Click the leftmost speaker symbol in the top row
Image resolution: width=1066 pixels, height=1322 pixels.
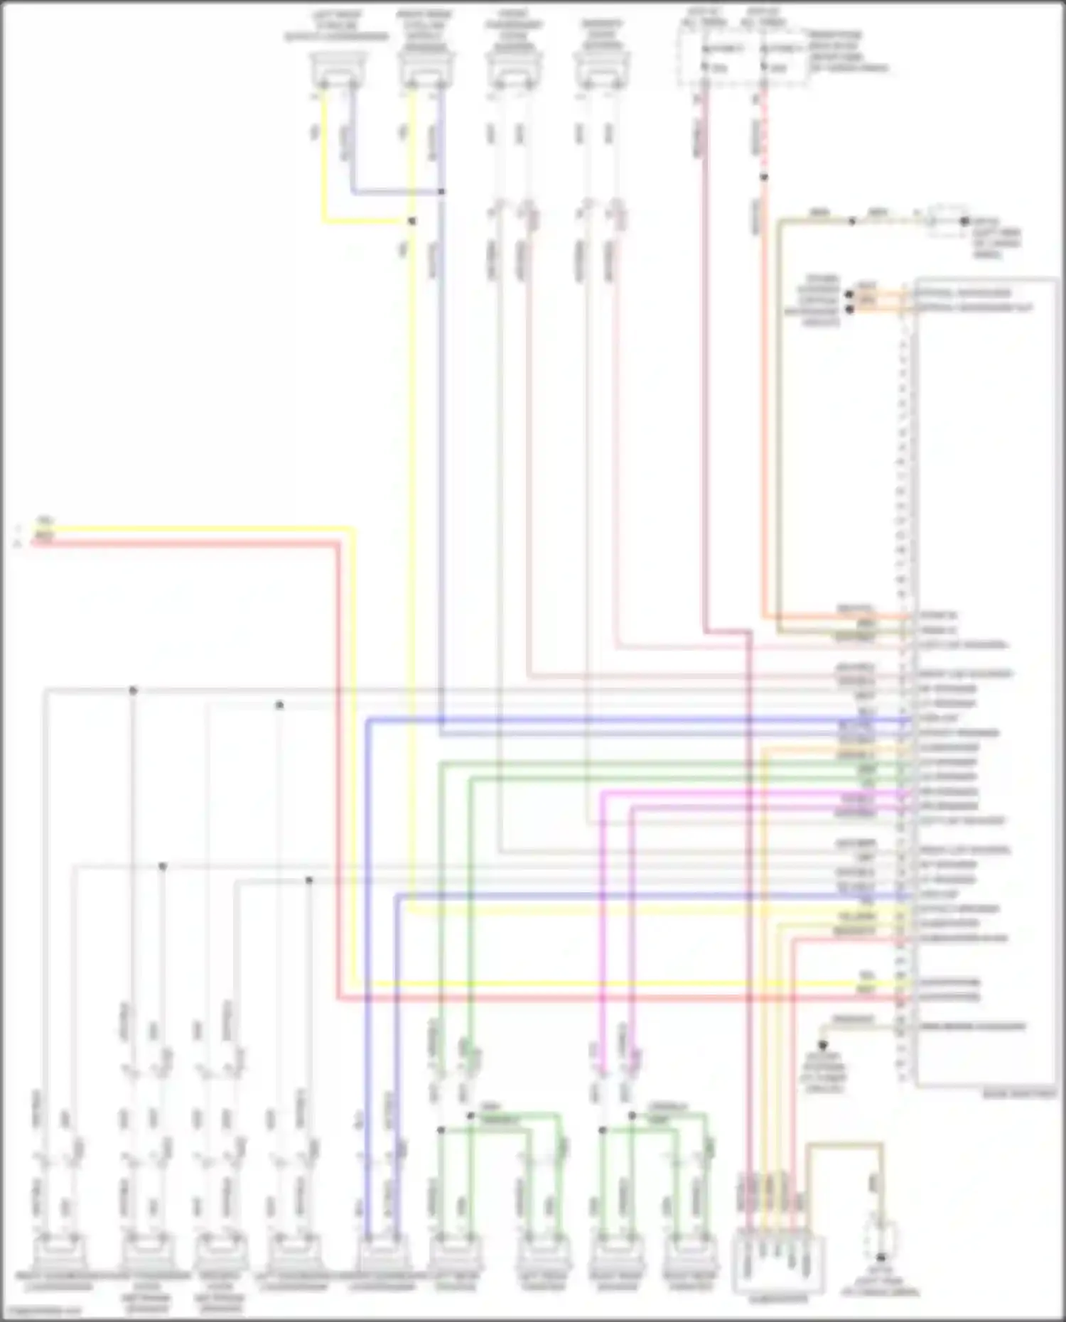point(338,71)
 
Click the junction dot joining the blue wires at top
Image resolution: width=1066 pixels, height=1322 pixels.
point(441,192)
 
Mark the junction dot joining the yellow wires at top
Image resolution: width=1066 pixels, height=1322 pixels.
point(411,221)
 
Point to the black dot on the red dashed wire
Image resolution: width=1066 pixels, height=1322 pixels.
point(764,177)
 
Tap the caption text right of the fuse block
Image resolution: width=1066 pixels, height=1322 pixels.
point(846,52)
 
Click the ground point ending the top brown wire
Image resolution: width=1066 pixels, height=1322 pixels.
point(964,221)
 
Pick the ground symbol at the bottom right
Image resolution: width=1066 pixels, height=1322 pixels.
point(881,1258)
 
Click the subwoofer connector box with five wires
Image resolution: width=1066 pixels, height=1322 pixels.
point(778,1264)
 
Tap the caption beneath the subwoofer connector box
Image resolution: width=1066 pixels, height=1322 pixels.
point(779,1301)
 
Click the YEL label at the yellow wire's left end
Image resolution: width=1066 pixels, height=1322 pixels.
point(43,521)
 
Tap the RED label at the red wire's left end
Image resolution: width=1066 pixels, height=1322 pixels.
point(43,537)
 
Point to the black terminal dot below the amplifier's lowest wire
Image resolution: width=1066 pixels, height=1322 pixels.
point(823,1046)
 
